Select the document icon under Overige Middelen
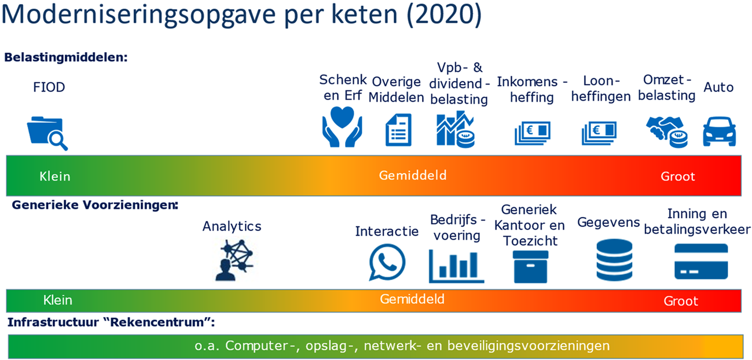pyautogui.click(x=398, y=130)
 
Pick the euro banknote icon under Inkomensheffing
pyautogui.click(x=532, y=133)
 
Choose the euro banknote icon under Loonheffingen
pyautogui.click(x=599, y=133)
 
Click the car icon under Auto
pyautogui.click(x=719, y=131)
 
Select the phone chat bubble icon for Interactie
pyautogui.click(x=387, y=262)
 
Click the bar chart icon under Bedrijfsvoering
pyautogui.click(x=456, y=265)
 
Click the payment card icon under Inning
pyautogui.click(x=701, y=262)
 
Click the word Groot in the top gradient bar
pyautogui.click(x=677, y=176)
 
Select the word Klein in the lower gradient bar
pyautogui.click(x=58, y=300)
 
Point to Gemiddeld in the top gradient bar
pyautogui.click(x=413, y=175)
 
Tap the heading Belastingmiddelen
pyautogui.click(x=65, y=58)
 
